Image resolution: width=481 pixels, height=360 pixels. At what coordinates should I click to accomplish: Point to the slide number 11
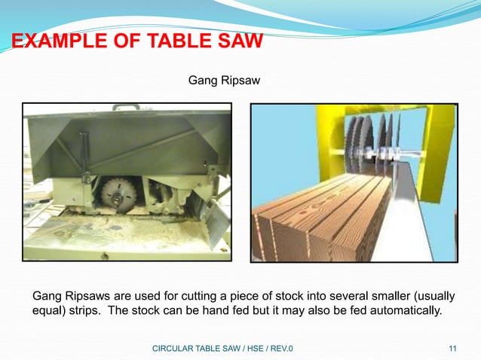(x=452, y=348)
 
